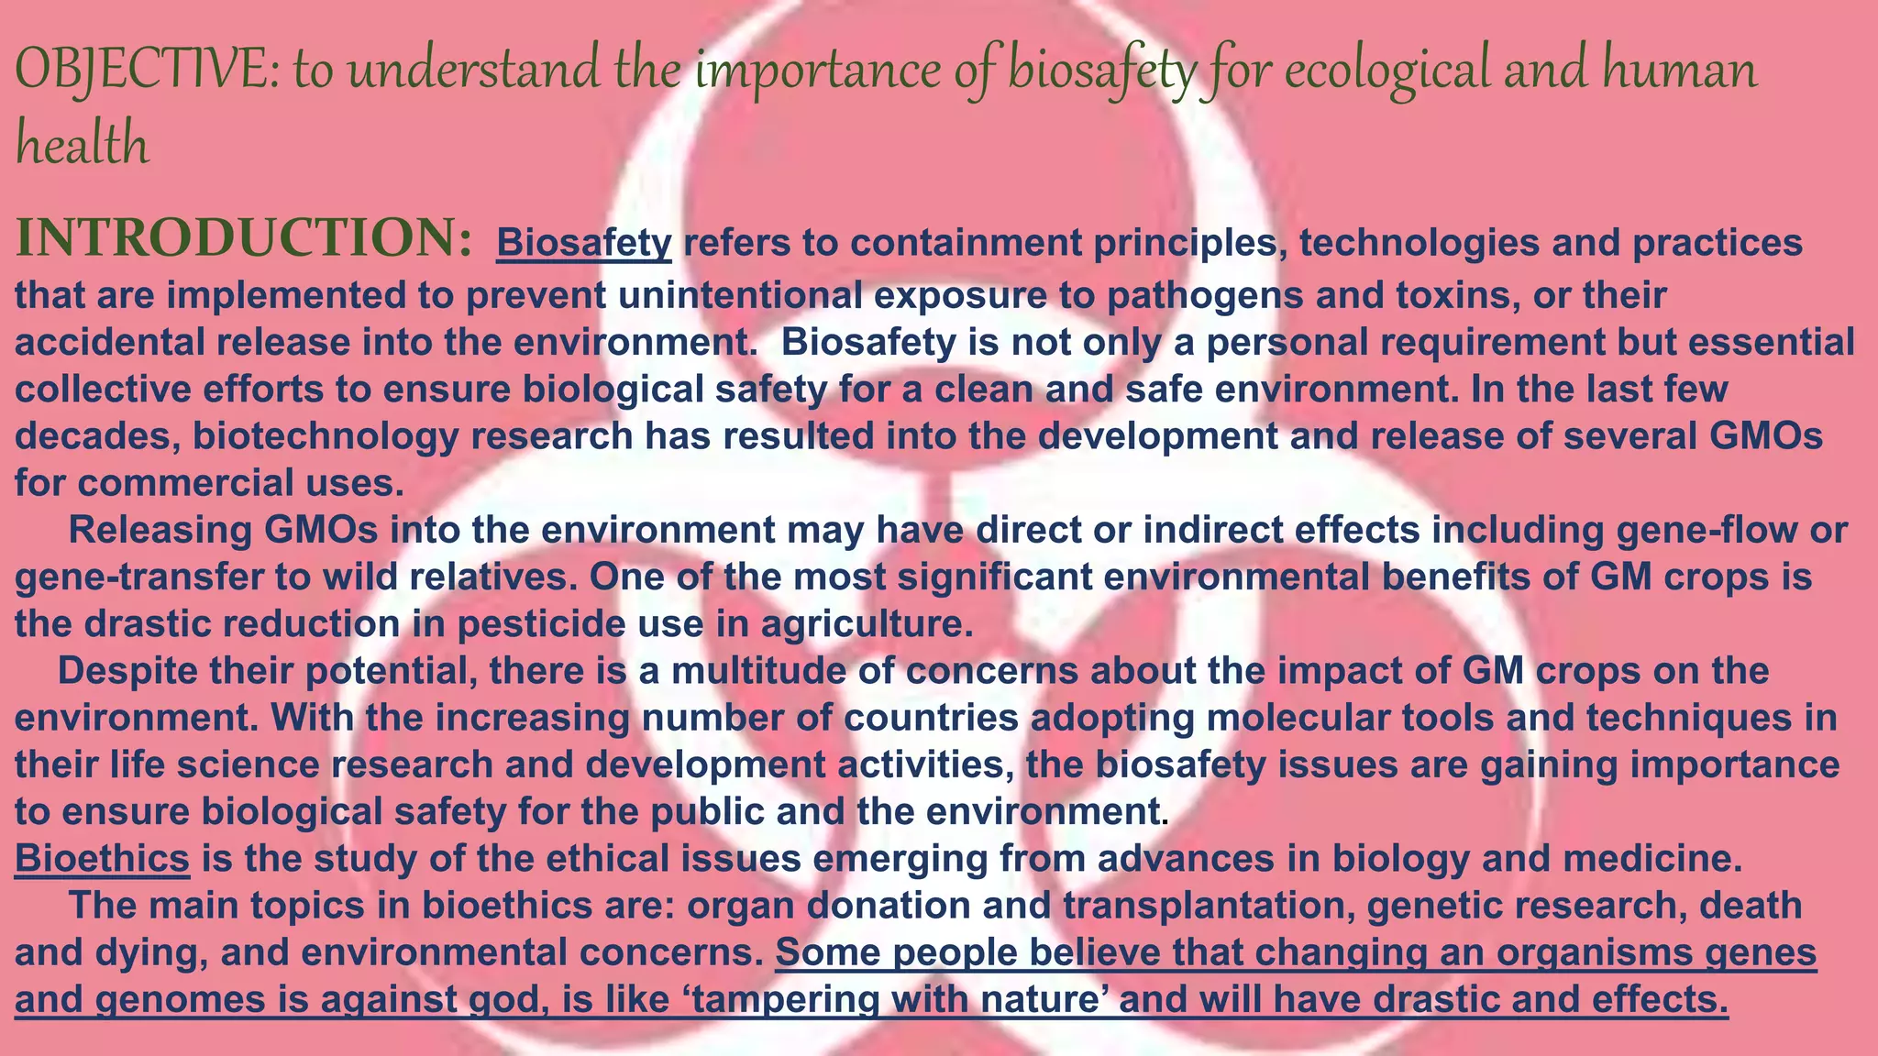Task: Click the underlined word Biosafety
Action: coord(584,243)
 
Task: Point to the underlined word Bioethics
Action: coord(102,859)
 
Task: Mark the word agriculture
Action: coord(867,624)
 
